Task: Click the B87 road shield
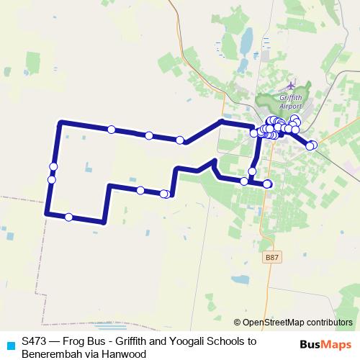271,256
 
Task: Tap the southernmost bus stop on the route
68,217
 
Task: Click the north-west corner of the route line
60,123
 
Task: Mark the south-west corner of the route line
47,213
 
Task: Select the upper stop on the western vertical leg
53,167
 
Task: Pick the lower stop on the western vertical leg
51,179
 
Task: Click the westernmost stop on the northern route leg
112,130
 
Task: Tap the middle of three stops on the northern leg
148,135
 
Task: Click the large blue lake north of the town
246,43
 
